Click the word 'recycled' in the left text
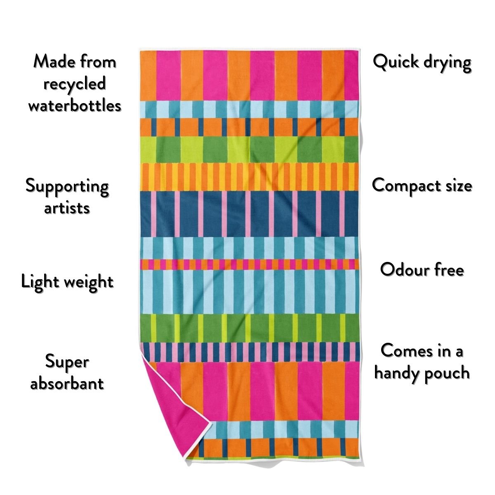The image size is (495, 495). tap(75, 84)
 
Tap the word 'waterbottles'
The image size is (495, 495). tap(75, 106)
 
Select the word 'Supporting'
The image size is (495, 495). tap(67, 186)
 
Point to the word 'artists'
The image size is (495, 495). tap(67, 207)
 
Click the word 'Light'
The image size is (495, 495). tap(39, 282)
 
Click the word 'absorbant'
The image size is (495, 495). tap(67, 383)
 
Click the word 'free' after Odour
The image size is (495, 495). tap(447, 270)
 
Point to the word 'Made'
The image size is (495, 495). tap(53, 62)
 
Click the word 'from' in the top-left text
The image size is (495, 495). tap(97, 62)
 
